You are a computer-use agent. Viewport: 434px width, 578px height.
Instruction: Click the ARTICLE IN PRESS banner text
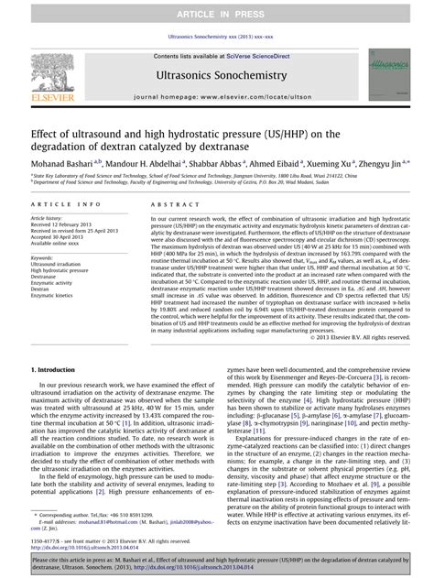[x=216, y=9]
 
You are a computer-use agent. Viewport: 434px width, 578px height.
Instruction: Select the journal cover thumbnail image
[x=387, y=76]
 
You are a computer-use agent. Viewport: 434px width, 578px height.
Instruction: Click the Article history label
[x=49, y=219]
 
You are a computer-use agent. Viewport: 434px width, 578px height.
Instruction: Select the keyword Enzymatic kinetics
[x=54, y=297]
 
